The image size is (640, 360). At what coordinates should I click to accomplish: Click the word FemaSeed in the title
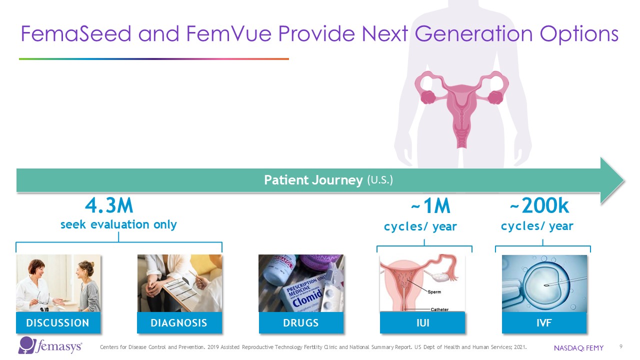coord(76,33)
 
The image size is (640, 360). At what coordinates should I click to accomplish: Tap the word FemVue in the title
coord(229,33)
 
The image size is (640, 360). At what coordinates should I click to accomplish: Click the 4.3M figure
coord(109,205)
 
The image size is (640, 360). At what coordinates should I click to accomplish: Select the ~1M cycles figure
coord(430,206)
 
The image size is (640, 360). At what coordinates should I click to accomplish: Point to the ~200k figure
coord(539,205)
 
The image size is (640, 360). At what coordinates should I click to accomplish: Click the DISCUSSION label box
coord(58,322)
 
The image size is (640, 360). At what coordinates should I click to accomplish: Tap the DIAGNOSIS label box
coord(179,322)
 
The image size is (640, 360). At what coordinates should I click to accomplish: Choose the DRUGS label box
coord(301,322)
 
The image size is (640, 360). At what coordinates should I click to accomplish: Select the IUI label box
coord(422,322)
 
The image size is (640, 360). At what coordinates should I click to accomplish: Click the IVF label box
coord(544,322)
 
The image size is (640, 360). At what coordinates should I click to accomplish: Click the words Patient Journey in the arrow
coord(313,180)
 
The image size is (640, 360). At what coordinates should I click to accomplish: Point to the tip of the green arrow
coord(624,180)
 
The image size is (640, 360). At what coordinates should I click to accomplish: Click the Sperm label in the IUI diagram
coord(434,292)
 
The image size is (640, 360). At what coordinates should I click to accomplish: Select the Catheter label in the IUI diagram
coord(439,309)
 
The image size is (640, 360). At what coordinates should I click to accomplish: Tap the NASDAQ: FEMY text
coord(578,348)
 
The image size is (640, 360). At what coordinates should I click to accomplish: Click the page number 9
coord(621,346)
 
